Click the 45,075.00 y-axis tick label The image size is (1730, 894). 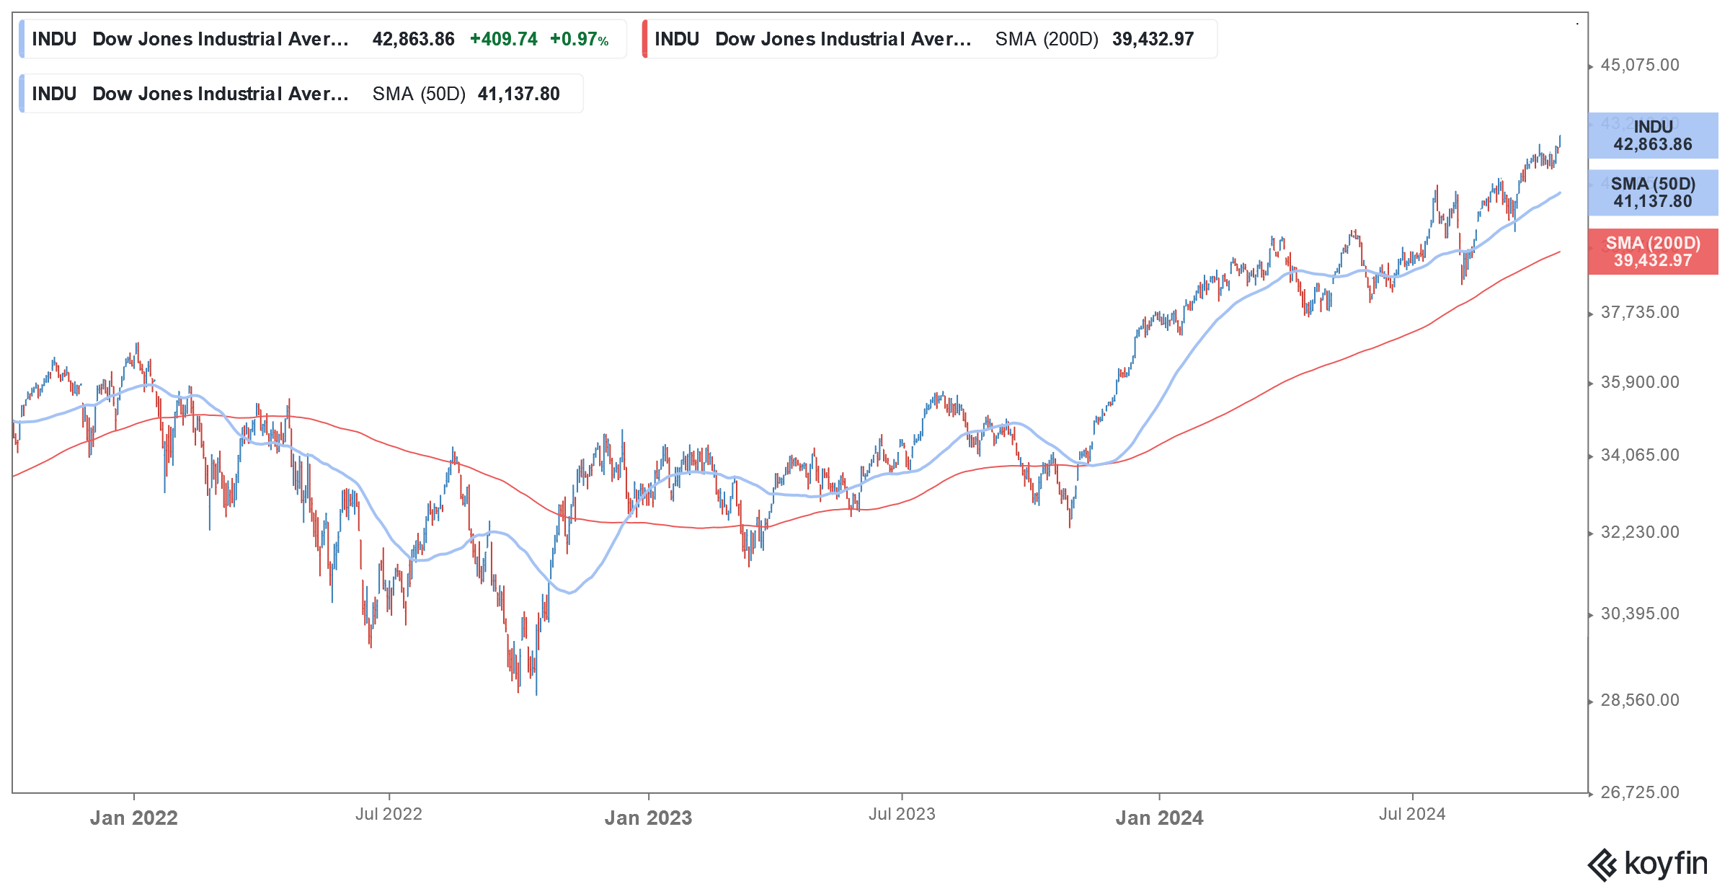[1639, 66]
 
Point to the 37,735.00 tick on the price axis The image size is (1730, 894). [1639, 313]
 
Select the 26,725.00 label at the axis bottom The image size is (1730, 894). [1639, 793]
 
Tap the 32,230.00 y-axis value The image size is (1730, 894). [1639, 533]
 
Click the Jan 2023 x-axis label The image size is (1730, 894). [648, 818]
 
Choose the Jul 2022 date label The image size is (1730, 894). [389, 815]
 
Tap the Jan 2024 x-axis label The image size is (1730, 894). [1159, 818]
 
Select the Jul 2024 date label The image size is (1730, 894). [1412, 815]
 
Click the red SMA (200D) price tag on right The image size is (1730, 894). [1653, 252]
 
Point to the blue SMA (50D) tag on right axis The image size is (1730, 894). [1653, 192]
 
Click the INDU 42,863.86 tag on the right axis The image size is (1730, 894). [1653, 136]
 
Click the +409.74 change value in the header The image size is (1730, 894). [503, 40]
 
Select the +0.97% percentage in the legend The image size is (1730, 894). [579, 40]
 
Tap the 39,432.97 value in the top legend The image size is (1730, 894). [1153, 40]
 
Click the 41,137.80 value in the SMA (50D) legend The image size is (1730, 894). [518, 94]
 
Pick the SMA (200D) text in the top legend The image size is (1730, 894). [1047, 40]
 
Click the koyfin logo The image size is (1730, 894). [1648, 864]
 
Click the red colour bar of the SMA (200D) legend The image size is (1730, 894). [645, 39]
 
